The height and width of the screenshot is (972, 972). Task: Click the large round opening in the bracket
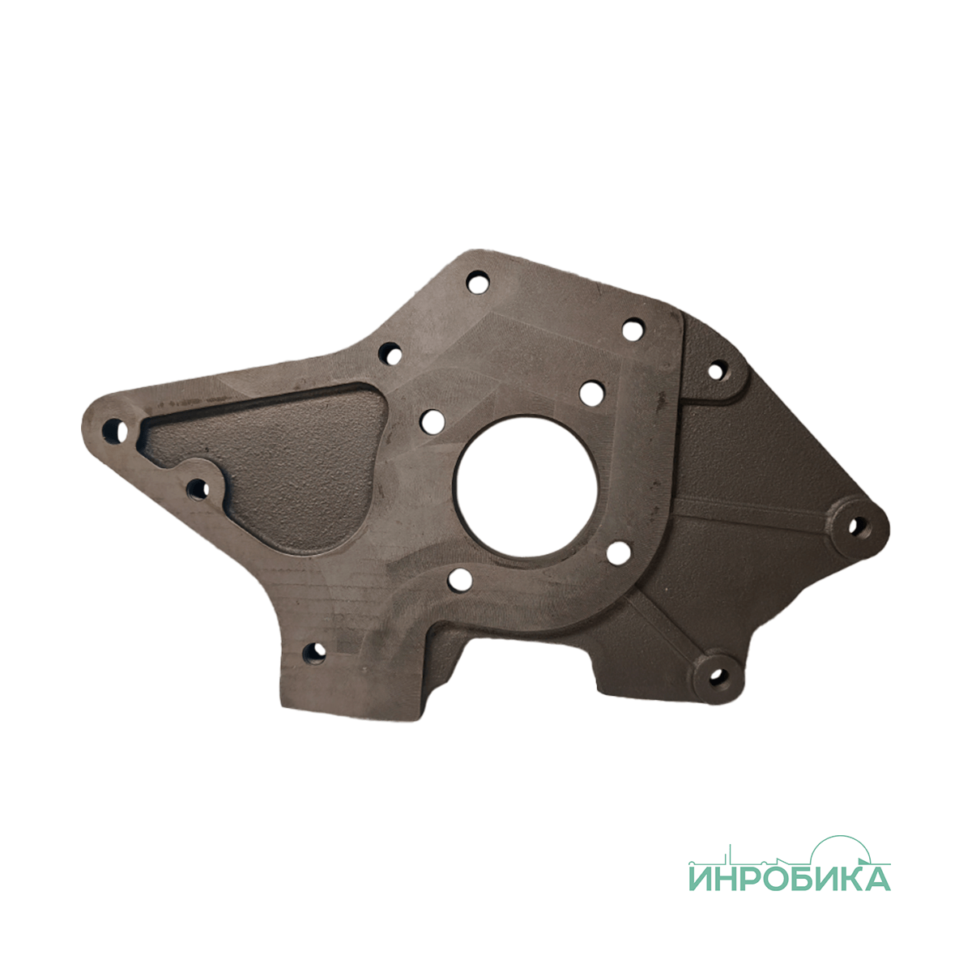pyautogui.click(x=526, y=487)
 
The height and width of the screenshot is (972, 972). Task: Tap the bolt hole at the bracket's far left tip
pyautogui.click(x=115, y=430)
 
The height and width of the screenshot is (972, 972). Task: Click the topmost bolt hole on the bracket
pyautogui.click(x=478, y=283)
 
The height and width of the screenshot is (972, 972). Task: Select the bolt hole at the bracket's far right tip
pyautogui.click(x=856, y=526)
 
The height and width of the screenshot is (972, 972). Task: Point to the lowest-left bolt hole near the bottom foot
pyautogui.click(x=314, y=654)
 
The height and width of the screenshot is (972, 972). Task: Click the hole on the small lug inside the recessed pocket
pyautogui.click(x=198, y=489)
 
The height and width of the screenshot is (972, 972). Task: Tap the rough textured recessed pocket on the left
pyautogui.click(x=283, y=464)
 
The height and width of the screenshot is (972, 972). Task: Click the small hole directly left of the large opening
pyautogui.click(x=433, y=422)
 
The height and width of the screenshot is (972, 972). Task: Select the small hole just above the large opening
pyautogui.click(x=591, y=393)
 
